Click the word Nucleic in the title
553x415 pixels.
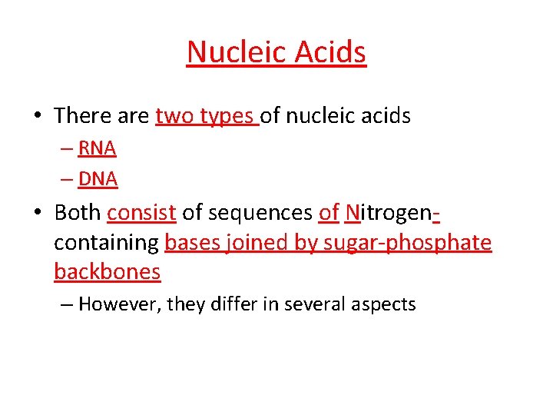click(x=231, y=52)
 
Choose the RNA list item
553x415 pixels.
click(x=97, y=148)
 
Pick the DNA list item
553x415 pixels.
click(x=98, y=179)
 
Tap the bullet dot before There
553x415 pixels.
click(x=38, y=117)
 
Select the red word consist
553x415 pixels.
click(x=141, y=213)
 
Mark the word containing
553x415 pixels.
click(x=106, y=243)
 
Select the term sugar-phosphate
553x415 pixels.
click(x=409, y=243)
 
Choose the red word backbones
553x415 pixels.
click(x=107, y=272)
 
